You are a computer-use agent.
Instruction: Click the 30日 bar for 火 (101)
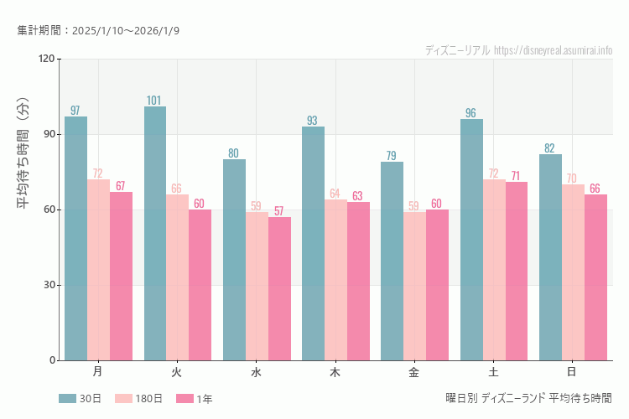point(155,233)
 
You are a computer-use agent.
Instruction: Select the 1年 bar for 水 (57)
point(279,288)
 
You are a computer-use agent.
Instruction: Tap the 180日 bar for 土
point(494,270)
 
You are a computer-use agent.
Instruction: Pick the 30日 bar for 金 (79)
point(392,261)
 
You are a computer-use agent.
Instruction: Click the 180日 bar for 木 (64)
point(335,280)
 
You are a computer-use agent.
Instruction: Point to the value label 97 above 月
point(75,111)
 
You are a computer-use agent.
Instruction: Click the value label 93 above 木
point(312,121)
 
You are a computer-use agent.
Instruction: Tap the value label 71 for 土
point(516,176)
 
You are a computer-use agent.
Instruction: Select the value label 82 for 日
point(549,148)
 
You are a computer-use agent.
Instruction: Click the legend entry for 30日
point(80,399)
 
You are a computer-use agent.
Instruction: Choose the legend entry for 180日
point(134,399)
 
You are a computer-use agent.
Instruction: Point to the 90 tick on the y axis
point(49,134)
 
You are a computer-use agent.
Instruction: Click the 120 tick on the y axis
point(46,59)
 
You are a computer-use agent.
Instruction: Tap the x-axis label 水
point(256,371)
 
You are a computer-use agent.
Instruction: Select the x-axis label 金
point(414,371)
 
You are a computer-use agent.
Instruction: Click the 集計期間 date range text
point(98,30)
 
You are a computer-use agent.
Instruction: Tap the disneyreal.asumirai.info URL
point(554,50)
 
